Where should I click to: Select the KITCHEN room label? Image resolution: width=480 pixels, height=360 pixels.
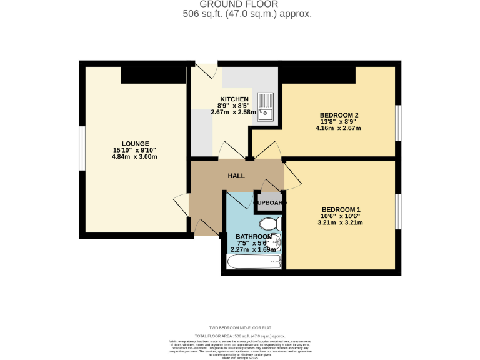(x=234, y=99)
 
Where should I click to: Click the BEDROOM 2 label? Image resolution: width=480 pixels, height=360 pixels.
(x=339, y=115)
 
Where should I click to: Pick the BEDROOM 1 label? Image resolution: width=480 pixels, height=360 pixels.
(x=341, y=209)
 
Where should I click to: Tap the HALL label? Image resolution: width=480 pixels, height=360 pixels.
(x=236, y=176)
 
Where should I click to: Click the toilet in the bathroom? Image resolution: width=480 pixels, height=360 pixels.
(x=271, y=224)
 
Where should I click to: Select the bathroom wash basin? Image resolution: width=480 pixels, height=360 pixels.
(x=277, y=243)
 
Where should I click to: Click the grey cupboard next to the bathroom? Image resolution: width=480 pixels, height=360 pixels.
(x=269, y=203)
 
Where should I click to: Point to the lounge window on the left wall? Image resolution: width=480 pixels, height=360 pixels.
(x=81, y=147)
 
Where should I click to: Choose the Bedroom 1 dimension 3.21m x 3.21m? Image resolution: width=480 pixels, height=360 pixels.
(x=341, y=222)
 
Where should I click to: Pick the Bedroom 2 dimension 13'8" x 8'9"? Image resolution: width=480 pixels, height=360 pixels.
(x=339, y=122)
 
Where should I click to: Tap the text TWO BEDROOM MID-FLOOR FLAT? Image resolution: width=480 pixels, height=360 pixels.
(x=240, y=327)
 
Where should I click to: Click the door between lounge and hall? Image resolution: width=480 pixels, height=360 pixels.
(x=181, y=205)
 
